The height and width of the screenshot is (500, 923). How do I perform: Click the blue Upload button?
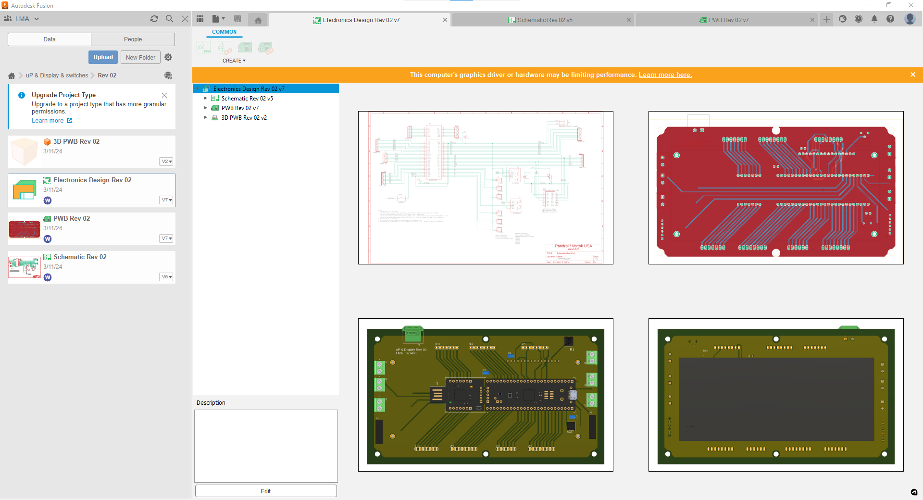pos(103,57)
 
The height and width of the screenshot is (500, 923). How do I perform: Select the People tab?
pos(133,39)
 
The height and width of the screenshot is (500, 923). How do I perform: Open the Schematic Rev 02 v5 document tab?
pos(544,20)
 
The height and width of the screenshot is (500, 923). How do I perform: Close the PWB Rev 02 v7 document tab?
pos(812,20)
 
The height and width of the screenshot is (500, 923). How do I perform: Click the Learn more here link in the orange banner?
pos(665,75)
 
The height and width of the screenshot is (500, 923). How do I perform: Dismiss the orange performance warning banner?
pos(912,75)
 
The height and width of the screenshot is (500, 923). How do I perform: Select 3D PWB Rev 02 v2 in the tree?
pos(244,118)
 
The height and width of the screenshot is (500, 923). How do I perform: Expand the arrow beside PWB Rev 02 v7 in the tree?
pos(205,108)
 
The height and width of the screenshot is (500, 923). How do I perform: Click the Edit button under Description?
pos(266,491)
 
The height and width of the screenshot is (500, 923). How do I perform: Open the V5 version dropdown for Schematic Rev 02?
pos(166,277)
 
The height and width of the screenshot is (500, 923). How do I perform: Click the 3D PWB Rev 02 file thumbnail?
pos(24,151)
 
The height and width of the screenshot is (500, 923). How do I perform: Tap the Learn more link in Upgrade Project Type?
pos(48,121)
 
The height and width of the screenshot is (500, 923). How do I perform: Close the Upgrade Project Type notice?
pos(164,95)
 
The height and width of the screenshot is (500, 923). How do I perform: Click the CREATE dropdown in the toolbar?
pos(234,61)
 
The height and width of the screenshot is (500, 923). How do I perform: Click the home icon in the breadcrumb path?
pos(12,75)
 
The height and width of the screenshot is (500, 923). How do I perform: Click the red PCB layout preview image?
pos(775,187)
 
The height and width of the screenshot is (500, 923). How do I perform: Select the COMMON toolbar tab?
pos(224,32)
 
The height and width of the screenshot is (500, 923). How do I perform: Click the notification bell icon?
pos(874,19)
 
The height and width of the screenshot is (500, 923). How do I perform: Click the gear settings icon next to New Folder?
pos(168,57)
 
